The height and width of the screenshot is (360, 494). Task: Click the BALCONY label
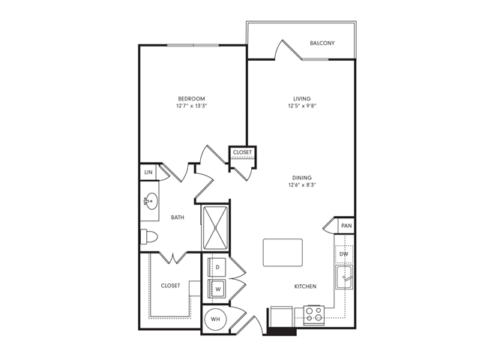pyautogui.click(x=322, y=43)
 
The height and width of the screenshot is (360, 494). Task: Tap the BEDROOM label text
pyautogui.click(x=191, y=99)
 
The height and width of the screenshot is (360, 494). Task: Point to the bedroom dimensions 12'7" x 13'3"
pyautogui.click(x=191, y=106)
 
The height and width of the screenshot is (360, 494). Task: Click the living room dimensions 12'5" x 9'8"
pyautogui.click(x=302, y=106)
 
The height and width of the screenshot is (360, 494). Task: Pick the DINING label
pyautogui.click(x=302, y=178)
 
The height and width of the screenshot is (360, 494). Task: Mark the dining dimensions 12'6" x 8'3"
pyautogui.click(x=302, y=185)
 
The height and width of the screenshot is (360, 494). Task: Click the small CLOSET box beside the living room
pyautogui.click(x=243, y=153)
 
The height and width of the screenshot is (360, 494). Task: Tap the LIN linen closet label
pyautogui.click(x=147, y=172)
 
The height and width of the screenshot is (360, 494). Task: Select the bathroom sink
pyautogui.click(x=150, y=201)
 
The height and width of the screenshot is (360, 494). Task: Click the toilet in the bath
pyautogui.click(x=149, y=237)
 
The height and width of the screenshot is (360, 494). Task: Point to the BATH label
pyautogui.click(x=178, y=218)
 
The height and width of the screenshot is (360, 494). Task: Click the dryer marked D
pyautogui.click(x=217, y=267)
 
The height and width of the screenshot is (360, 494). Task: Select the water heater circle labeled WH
pyautogui.click(x=216, y=319)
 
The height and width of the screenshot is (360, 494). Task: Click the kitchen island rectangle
pyautogui.click(x=283, y=252)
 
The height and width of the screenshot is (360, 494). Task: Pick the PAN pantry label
pyautogui.click(x=346, y=226)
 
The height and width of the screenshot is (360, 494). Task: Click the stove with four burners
pyautogui.click(x=313, y=313)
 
